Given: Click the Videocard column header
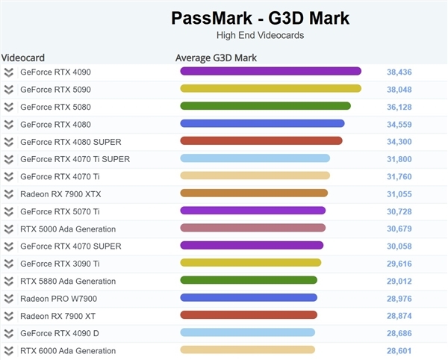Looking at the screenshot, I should coord(24,58).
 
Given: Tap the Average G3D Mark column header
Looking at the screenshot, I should coord(216,58).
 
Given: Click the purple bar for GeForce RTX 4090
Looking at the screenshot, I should coord(270,72).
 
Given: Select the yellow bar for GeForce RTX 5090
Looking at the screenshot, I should coord(270,89).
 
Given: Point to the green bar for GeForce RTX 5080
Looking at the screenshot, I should coord(265,106).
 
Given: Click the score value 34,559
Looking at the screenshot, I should coord(399,124).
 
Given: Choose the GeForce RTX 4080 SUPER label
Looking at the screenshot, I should coord(70,142).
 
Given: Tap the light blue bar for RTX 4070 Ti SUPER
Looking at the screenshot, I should coord(255,158).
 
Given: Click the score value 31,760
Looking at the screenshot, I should coord(399,176).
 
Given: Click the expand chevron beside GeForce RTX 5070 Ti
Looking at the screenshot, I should coord(9,211).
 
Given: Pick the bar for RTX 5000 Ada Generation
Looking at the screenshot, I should coord(252,228).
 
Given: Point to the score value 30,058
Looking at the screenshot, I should coord(399,246).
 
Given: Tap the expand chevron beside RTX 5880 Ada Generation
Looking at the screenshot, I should coord(9,282).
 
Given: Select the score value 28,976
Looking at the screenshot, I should coord(399,299).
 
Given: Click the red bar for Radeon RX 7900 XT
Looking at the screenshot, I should coord(249,315).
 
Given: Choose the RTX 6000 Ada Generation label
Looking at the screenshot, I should coord(68,350).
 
